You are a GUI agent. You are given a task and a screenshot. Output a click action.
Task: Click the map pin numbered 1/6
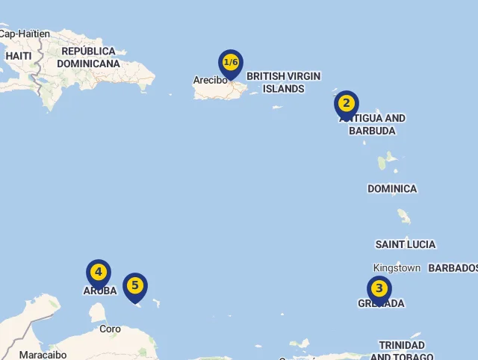[231, 63]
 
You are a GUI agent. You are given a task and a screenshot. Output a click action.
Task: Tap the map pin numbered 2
[347, 104]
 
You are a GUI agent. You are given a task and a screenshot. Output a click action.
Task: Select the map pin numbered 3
[379, 288]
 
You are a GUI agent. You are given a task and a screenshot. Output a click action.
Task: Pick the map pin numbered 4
[99, 273]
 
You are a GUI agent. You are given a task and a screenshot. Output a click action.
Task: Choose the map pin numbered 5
[135, 285]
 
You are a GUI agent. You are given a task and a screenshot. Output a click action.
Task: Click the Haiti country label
[18, 56]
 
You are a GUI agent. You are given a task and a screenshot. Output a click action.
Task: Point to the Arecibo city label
[210, 80]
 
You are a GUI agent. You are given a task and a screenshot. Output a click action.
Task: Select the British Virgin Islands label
[283, 82]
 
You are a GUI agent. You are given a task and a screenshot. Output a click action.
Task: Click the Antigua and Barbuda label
[373, 125]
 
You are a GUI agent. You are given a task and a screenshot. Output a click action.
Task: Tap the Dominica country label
[392, 189]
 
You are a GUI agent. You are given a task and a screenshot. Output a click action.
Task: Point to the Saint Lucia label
[405, 244]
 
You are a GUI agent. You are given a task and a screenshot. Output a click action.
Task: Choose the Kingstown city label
[397, 267]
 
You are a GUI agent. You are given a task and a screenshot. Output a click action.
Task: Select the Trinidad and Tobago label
[402, 350]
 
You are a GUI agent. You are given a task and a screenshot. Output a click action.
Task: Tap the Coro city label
[110, 329]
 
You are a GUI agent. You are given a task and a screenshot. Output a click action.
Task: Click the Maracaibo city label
[43, 355]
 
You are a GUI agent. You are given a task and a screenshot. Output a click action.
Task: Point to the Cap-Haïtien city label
[25, 34]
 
